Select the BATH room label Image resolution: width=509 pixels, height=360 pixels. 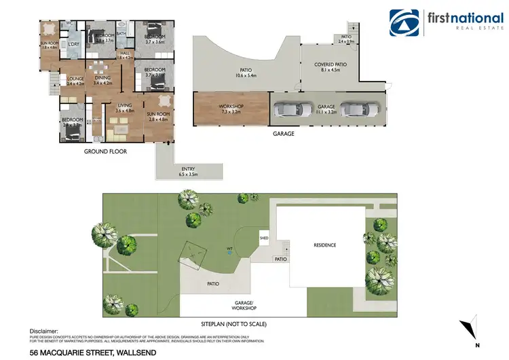(x=121, y=33)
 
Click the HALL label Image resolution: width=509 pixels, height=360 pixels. (x=124, y=54)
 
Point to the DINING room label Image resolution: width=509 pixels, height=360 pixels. (x=102, y=78)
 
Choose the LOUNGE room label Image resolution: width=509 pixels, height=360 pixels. (x=75, y=79)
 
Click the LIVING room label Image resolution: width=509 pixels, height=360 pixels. (x=125, y=105)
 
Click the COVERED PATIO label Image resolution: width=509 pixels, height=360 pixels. (x=331, y=65)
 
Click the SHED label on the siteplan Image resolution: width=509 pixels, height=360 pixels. (x=265, y=237)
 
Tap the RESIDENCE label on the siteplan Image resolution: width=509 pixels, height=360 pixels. (x=324, y=245)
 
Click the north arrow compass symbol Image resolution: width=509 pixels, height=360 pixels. (x=470, y=328)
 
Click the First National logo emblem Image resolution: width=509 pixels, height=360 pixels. (x=404, y=24)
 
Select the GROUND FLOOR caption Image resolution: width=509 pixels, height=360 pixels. (x=105, y=151)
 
